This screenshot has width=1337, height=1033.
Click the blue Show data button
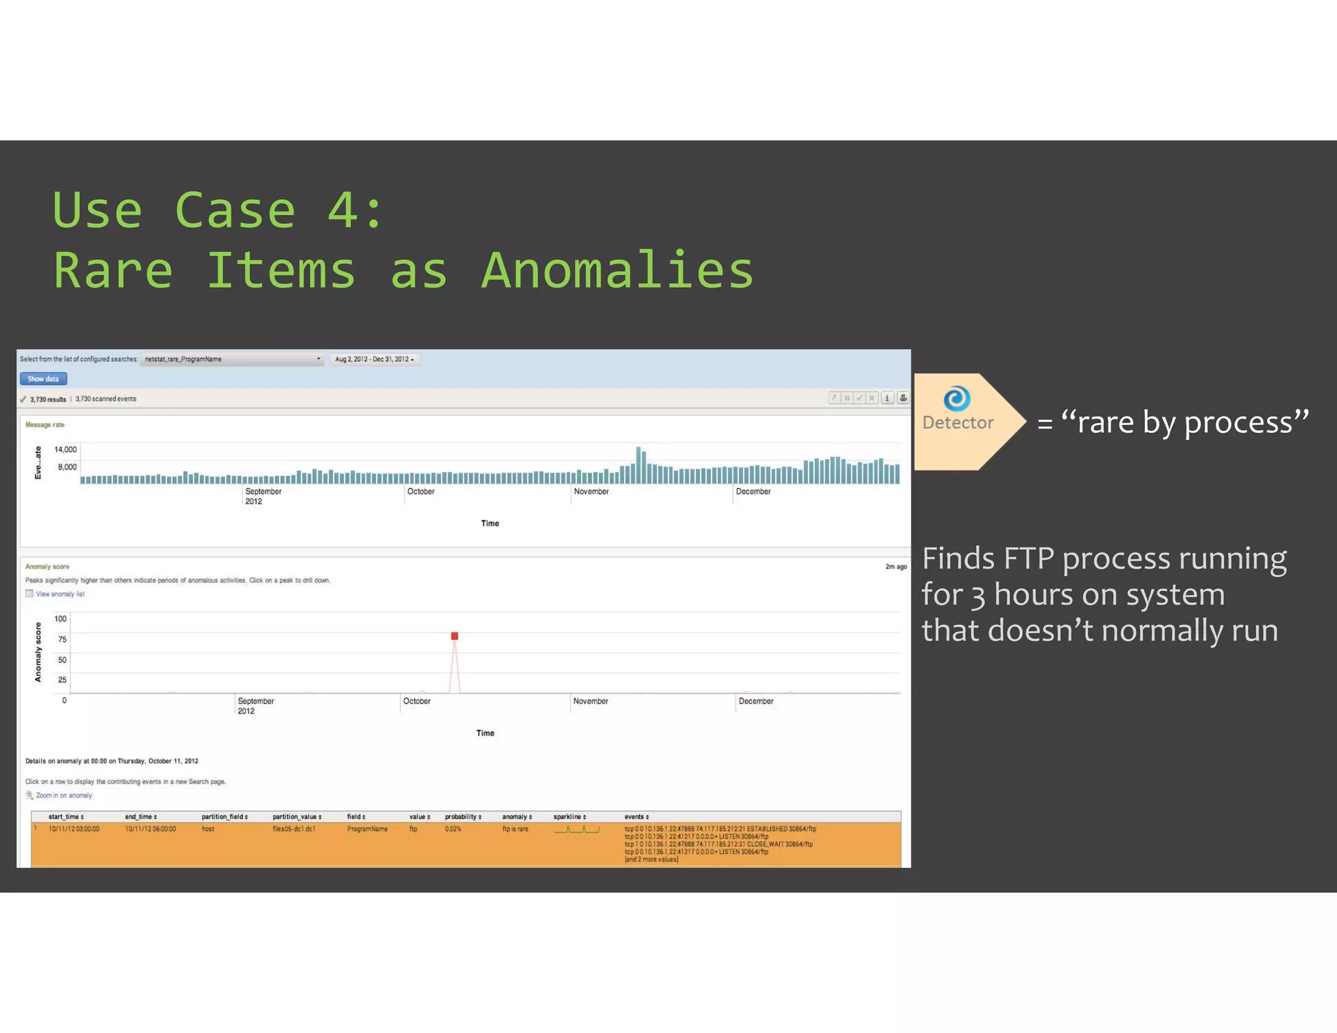click(43, 379)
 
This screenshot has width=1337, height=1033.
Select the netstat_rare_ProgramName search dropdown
click(232, 359)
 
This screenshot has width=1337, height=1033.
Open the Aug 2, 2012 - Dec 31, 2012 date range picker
click(374, 359)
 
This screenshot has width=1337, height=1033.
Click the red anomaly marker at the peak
click(454, 636)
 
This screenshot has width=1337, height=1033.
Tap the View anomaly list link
click(59, 594)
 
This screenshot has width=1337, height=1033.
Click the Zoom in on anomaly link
click(63, 795)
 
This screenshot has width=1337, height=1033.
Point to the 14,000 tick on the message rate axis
click(65, 449)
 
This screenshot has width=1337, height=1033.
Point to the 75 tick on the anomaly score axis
click(62, 639)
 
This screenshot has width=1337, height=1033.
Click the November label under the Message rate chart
click(591, 492)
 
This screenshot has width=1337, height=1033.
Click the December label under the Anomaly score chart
click(756, 701)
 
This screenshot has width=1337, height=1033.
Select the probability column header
click(463, 817)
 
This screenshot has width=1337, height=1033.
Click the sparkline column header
click(569, 817)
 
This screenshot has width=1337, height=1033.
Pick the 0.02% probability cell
click(453, 829)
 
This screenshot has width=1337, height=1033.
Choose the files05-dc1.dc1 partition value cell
click(294, 829)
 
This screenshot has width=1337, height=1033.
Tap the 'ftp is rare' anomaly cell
click(515, 829)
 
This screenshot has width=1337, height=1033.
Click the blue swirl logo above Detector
click(956, 398)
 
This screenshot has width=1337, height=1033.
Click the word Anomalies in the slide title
click(617, 270)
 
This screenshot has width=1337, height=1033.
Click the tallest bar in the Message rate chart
click(638, 465)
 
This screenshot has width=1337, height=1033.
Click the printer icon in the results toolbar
click(903, 398)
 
